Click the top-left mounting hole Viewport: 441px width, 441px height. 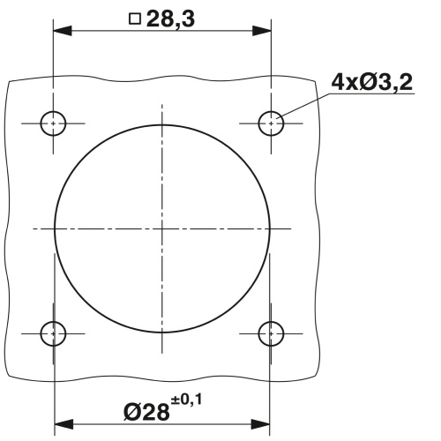point(54,123)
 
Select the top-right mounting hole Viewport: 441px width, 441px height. point(270,123)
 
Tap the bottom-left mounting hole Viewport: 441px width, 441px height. point(54,333)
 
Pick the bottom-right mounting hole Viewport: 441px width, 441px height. point(270,333)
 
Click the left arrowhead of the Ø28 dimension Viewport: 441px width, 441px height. point(62,425)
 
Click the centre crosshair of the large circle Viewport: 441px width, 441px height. point(162,228)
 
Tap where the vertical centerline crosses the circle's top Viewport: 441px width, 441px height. point(162,121)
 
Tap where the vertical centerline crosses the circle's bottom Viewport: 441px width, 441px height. point(162,336)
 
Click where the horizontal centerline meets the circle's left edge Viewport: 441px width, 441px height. point(55,228)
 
